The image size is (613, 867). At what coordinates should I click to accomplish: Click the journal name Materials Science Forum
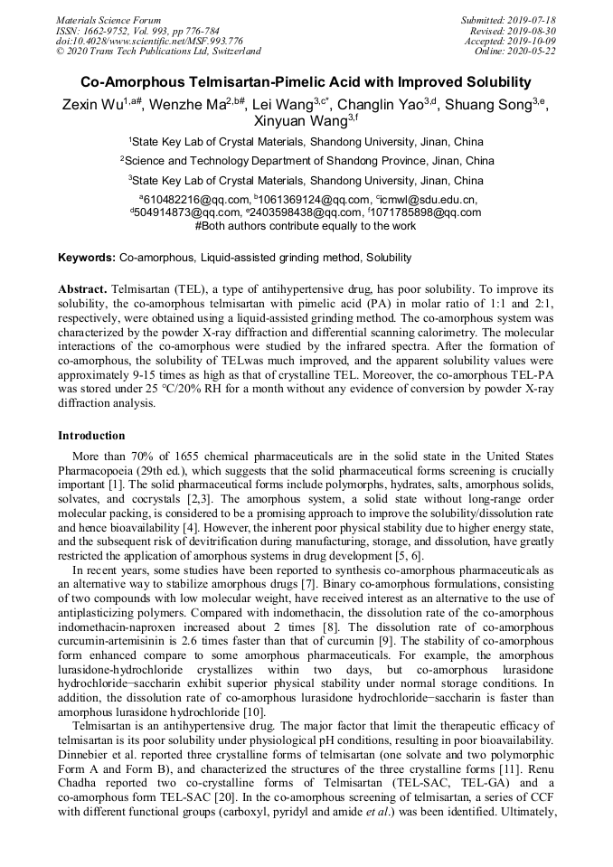click(x=108, y=20)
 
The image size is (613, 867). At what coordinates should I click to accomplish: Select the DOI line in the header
click(x=149, y=41)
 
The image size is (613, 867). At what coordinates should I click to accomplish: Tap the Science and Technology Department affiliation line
click(x=306, y=161)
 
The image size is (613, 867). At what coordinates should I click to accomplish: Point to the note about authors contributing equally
click(x=306, y=226)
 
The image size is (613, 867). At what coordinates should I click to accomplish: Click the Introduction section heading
click(x=91, y=436)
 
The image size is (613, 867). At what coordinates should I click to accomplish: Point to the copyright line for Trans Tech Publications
click(x=158, y=52)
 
